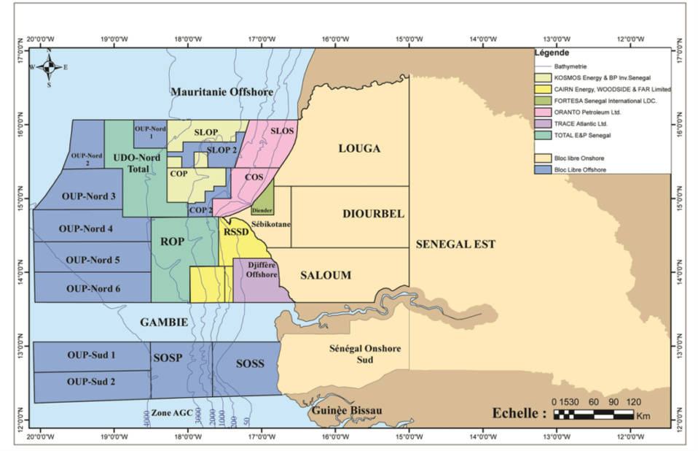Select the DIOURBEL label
point(373,213)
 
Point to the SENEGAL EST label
point(455,244)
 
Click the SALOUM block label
point(326,275)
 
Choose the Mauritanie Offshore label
point(222,92)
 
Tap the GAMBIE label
point(165,322)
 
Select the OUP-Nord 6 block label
point(93,288)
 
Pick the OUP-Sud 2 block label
point(91,381)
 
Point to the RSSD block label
point(235,232)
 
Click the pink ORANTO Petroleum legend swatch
point(544,112)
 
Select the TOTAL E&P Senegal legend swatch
point(544,136)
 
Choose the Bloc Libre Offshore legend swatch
point(544,170)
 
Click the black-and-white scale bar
point(593,415)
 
